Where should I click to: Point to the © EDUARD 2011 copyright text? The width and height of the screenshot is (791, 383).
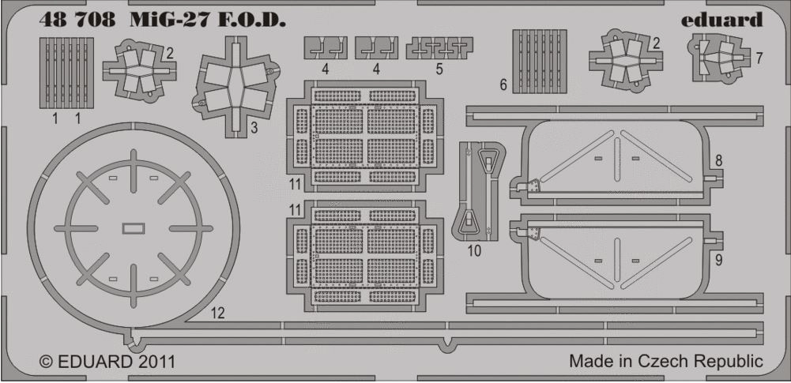(107, 362)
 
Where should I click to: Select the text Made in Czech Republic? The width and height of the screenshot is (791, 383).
(665, 362)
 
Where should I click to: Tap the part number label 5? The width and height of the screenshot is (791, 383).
(439, 69)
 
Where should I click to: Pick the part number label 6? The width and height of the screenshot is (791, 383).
(503, 85)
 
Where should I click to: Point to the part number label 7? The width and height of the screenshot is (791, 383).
(759, 59)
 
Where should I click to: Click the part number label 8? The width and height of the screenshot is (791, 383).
(718, 160)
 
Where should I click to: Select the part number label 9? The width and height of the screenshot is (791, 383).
(718, 258)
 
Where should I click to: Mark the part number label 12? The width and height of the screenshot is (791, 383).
(218, 314)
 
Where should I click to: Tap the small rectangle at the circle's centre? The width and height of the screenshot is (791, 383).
(134, 229)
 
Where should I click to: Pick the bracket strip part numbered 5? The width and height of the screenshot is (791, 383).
(439, 48)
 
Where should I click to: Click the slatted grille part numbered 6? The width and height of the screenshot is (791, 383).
(540, 61)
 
